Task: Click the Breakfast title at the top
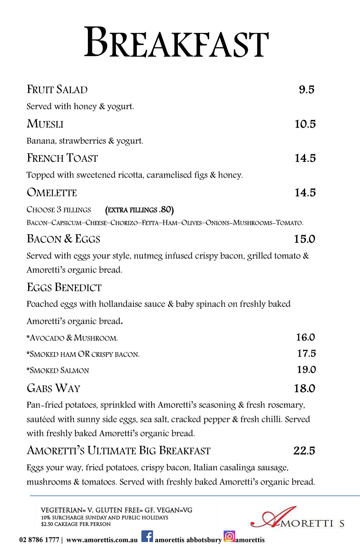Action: click(176, 43)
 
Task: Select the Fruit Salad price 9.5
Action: click(307, 90)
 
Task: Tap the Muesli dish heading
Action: click(45, 124)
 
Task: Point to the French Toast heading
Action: click(62, 158)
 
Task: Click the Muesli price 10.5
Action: click(305, 124)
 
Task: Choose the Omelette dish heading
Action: click(52, 193)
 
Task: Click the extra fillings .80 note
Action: click(139, 210)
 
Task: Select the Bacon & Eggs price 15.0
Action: click(304, 239)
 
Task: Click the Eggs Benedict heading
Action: click(64, 288)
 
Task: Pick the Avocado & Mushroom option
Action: click(72, 338)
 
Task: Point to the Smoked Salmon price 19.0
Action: click(306, 370)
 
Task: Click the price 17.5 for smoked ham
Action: click(306, 353)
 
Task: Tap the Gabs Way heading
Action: click(53, 389)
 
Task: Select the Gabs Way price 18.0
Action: click(304, 389)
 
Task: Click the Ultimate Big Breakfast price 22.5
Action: click(304, 451)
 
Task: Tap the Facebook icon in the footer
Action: click(147, 537)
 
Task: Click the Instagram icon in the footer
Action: click(229, 537)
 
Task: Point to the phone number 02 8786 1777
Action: click(39, 540)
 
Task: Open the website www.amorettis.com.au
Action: click(102, 540)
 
